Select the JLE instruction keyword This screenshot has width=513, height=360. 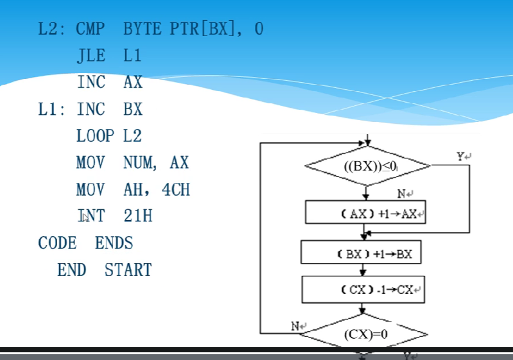[x=91, y=56]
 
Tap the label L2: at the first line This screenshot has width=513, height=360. [x=52, y=30]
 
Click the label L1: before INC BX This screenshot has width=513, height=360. [x=51, y=110]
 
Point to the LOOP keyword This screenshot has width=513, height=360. [x=95, y=136]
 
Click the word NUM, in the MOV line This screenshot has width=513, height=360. [x=139, y=163]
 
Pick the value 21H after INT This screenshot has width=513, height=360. [x=138, y=216]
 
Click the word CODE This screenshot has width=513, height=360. [x=57, y=243]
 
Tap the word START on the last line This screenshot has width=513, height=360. [x=128, y=270]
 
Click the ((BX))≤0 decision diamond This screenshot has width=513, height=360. [x=367, y=166]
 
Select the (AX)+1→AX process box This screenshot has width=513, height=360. [x=365, y=213]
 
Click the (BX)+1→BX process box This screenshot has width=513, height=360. [x=365, y=253]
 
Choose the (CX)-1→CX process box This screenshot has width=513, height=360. [x=365, y=289]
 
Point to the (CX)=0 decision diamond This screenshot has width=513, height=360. [x=366, y=334]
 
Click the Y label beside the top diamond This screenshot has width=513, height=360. [x=460, y=157]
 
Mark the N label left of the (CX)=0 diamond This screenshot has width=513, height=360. [x=296, y=326]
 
